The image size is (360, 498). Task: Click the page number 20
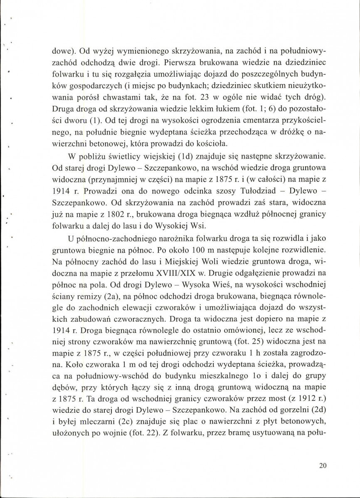tap(323, 466)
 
